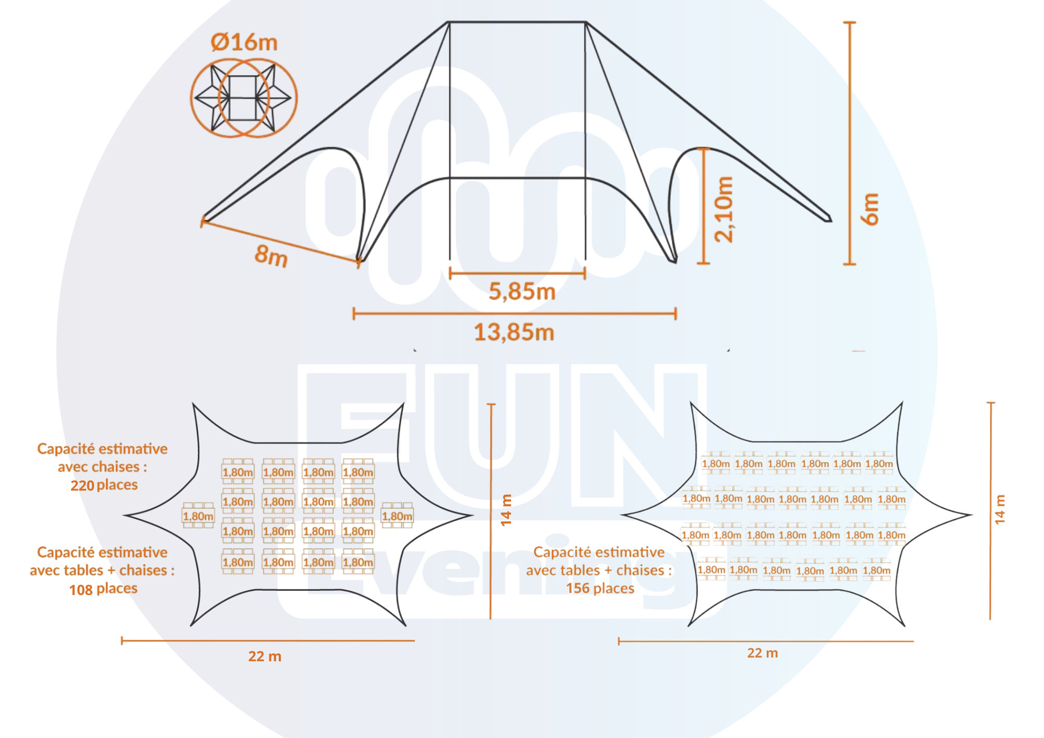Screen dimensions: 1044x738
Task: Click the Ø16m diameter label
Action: [244, 42]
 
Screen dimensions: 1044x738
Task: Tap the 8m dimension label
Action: [271, 255]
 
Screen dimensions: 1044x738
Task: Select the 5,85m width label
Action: [522, 291]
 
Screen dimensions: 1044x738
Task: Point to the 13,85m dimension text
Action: [514, 332]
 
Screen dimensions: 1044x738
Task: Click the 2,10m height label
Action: [724, 209]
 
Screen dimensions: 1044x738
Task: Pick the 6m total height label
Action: [870, 209]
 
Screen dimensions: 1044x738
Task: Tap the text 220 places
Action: [104, 485]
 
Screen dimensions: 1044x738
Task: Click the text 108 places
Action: [103, 589]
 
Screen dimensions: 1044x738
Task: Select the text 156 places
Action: [600, 588]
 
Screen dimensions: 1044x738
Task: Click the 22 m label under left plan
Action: [265, 656]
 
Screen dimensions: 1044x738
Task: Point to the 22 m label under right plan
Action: [763, 653]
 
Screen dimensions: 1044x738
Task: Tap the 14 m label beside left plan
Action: [506, 510]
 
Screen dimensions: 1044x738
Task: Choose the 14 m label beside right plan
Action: [1000, 509]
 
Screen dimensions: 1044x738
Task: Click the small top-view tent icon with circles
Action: [244, 98]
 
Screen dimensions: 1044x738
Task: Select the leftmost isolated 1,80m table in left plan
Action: [198, 516]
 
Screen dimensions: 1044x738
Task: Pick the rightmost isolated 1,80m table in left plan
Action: [397, 516]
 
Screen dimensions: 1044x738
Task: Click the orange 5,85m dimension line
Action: [517, 273]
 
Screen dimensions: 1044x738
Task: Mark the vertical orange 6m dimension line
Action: [850, 143]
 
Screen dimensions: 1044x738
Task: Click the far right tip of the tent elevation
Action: [830, 219]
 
